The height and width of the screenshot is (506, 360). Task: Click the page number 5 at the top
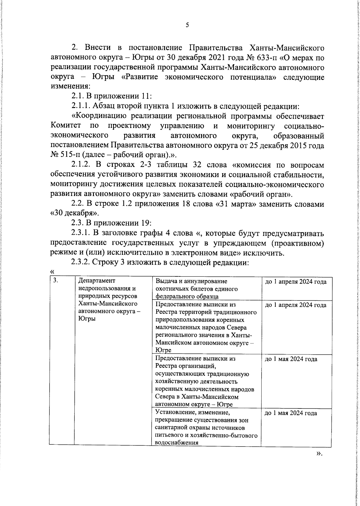pyautogui.click(x=187, y=25)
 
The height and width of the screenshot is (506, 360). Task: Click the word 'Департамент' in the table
pyautogui.click(x=96, y=281)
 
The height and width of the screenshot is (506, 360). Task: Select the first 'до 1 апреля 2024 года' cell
pyautogui.click(x=295, y=282)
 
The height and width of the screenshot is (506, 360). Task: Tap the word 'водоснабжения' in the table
pyautogui.click(x=177, y=442)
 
